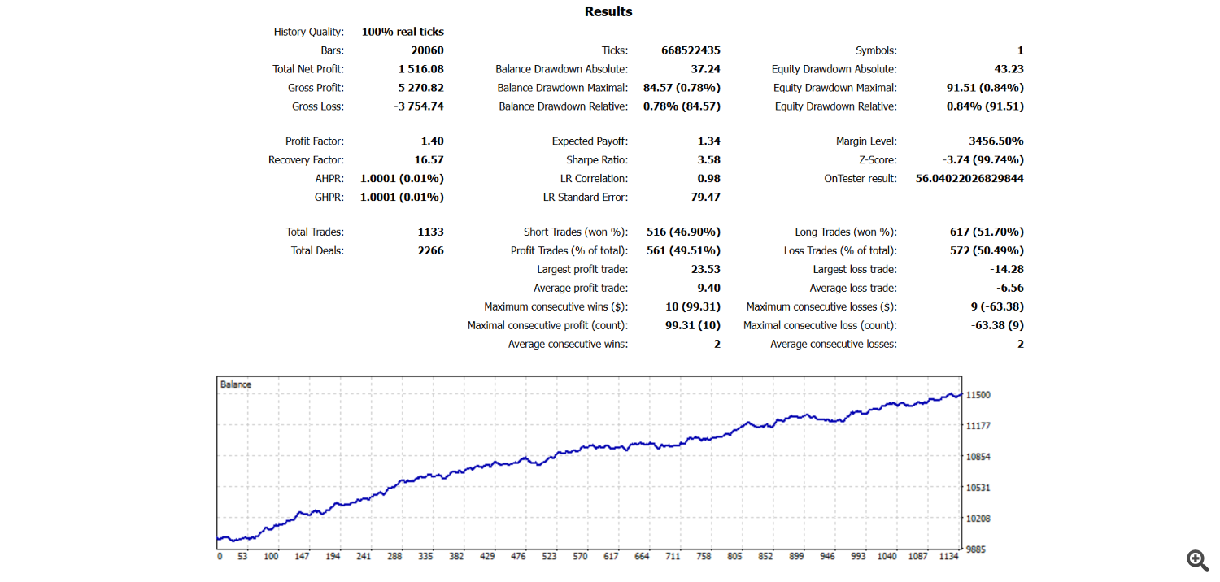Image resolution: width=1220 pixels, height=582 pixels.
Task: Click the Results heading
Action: pos(608,11)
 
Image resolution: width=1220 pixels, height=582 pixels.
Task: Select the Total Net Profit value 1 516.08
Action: pos(421,69)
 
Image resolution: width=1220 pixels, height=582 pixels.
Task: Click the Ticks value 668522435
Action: pos(691,50)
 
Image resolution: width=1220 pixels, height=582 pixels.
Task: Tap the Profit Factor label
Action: pos(314,141)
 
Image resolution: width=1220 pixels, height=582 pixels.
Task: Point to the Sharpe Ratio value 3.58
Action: pos(708,160)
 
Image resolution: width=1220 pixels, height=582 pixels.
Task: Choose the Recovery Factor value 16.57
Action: pos(429,160)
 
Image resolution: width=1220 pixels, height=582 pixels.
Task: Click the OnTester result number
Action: pos(969,179)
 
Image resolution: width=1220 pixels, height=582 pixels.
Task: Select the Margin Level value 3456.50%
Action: pos(996,141)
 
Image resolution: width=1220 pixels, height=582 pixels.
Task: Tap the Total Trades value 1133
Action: pos(431,232)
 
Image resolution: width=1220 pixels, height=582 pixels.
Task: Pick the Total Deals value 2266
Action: pos(431,250)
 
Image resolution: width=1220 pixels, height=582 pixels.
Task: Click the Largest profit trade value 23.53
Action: pos(706,270)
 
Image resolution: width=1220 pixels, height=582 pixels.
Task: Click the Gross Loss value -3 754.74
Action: pos(419,106)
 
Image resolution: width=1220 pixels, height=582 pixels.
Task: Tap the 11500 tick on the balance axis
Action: pos(978,395)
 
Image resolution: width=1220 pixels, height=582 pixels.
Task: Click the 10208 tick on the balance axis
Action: pos(978,519)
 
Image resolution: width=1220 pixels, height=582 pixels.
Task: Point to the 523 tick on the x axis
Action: pos(549,556)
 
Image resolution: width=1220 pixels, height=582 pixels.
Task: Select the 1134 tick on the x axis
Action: pos(948,556)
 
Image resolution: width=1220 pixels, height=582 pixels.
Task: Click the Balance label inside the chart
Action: pos(236,384)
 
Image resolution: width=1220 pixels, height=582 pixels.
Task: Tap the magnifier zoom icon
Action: pos(1197,560)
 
